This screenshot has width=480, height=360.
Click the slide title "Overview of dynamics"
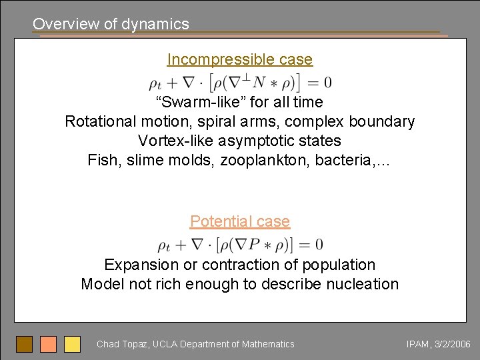coord(111,24)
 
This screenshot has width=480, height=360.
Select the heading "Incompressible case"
coord(239,59)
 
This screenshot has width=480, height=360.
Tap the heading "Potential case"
coord(239,221)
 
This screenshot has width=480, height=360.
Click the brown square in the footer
coord(25,344)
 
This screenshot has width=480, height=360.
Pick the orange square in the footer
coord(48,344)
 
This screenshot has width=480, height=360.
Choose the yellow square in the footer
coord(72,344)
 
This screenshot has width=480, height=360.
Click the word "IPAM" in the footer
coord(419,344)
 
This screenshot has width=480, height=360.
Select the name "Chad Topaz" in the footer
coord(122,344)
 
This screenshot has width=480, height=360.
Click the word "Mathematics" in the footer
coord(267,344)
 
